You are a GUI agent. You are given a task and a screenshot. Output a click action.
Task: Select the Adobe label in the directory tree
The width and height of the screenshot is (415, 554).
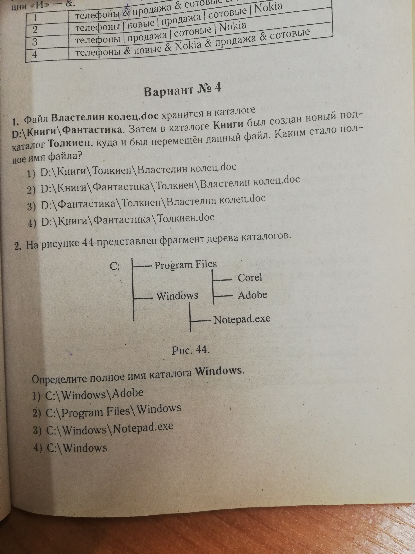point(252,295)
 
